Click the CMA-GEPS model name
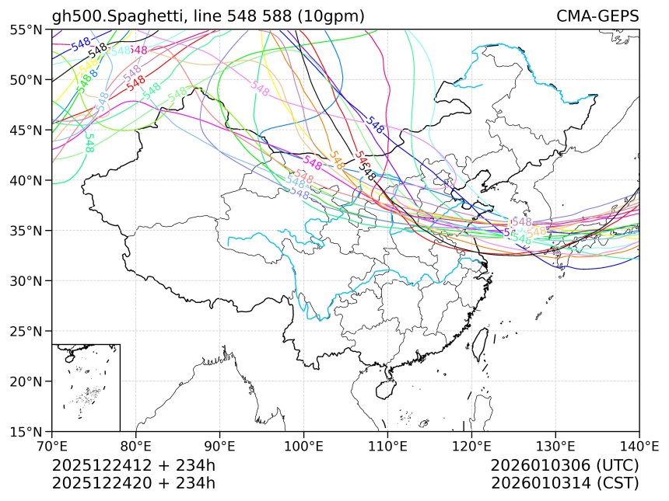[x=597, y=16]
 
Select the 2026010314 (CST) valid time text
[x=565, y=482]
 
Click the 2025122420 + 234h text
[x=133, y=482]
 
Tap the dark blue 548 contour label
[x=376, y=125]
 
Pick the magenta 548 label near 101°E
[x=313, y=163]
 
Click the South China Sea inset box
[x=86, y=387]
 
